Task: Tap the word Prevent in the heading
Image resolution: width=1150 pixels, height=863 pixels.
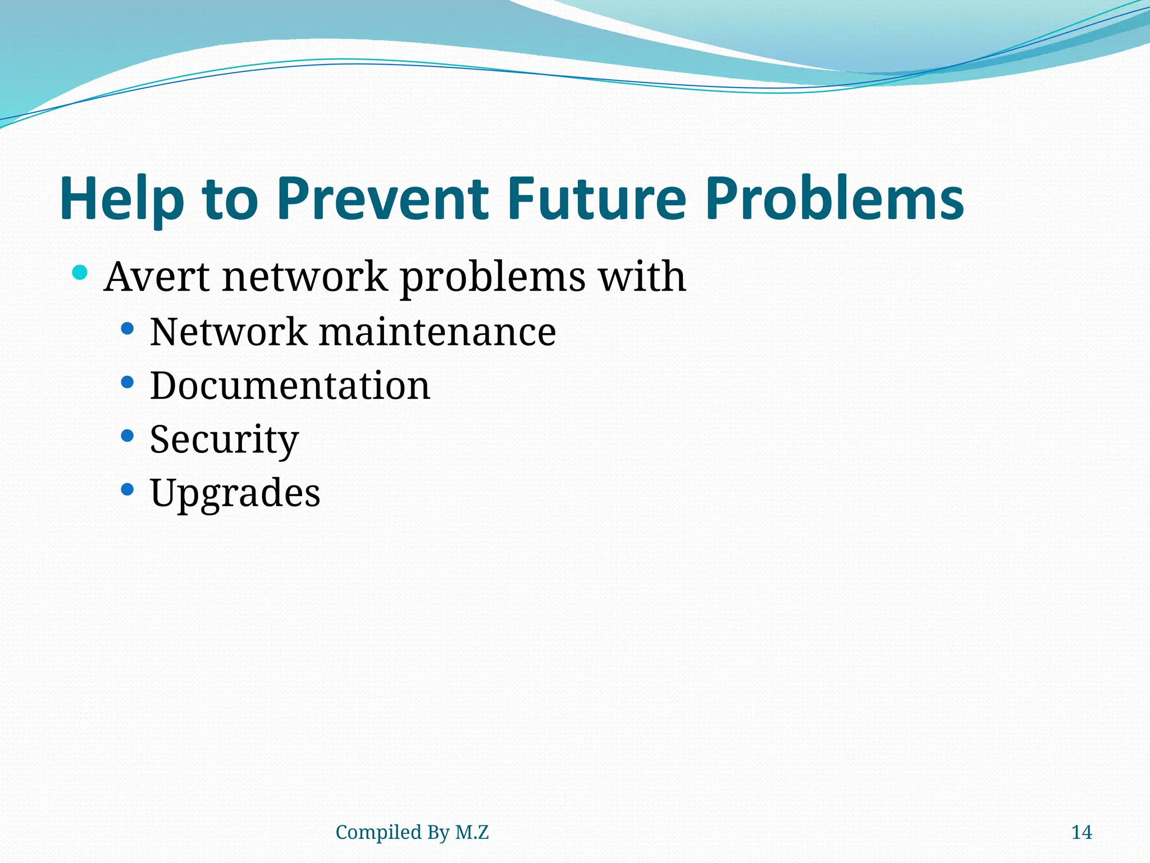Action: (382, 199)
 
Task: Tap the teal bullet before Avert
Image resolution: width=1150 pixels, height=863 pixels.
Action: (80, 273)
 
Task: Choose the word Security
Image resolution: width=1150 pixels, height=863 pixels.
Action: (224, 439)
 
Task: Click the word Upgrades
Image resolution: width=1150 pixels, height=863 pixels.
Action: (235, 493)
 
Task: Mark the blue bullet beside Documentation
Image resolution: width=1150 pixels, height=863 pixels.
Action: (127, 383)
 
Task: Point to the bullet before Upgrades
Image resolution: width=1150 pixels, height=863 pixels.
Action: (127, 489)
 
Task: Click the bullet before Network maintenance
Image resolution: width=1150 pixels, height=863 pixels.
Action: (127, 329)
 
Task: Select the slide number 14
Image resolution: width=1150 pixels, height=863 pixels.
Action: (1081, 832)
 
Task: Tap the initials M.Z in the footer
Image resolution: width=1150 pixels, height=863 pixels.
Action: (472, 832)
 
